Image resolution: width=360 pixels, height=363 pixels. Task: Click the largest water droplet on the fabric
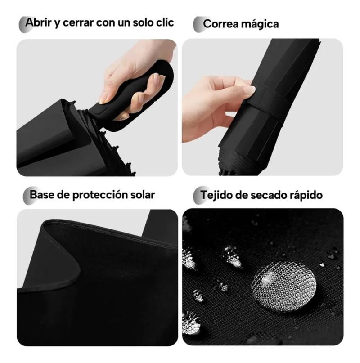284,287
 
